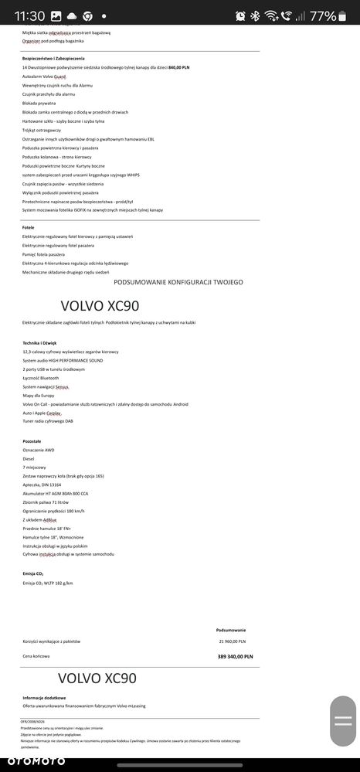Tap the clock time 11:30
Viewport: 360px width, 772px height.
(29, 15)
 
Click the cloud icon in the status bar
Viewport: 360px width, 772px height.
(72, 15)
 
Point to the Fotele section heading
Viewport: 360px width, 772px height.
(29, 227)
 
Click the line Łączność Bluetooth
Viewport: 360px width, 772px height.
(42, 377)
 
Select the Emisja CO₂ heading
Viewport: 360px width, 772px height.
(34, 573)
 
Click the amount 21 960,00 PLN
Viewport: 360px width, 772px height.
(232, 641)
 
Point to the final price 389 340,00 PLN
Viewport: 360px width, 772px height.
(235, 656)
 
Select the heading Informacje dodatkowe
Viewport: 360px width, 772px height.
(44, 697)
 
